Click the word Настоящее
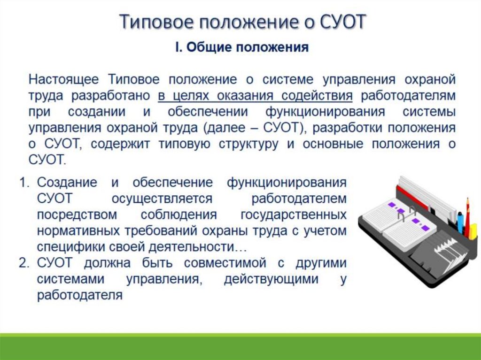(63, 79)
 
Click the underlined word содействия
(317, 96)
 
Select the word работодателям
(408, 96)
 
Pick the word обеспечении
(208, 112)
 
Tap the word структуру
(248, 144)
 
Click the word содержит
(120, 144)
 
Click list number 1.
(24, 183)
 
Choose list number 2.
(24, 263)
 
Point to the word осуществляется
(162, 199)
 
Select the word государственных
(294, 214)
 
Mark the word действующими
(271, 279)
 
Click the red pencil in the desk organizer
(467, 217)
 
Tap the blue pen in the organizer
(460, 222)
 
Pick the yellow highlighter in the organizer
(473, 231)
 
